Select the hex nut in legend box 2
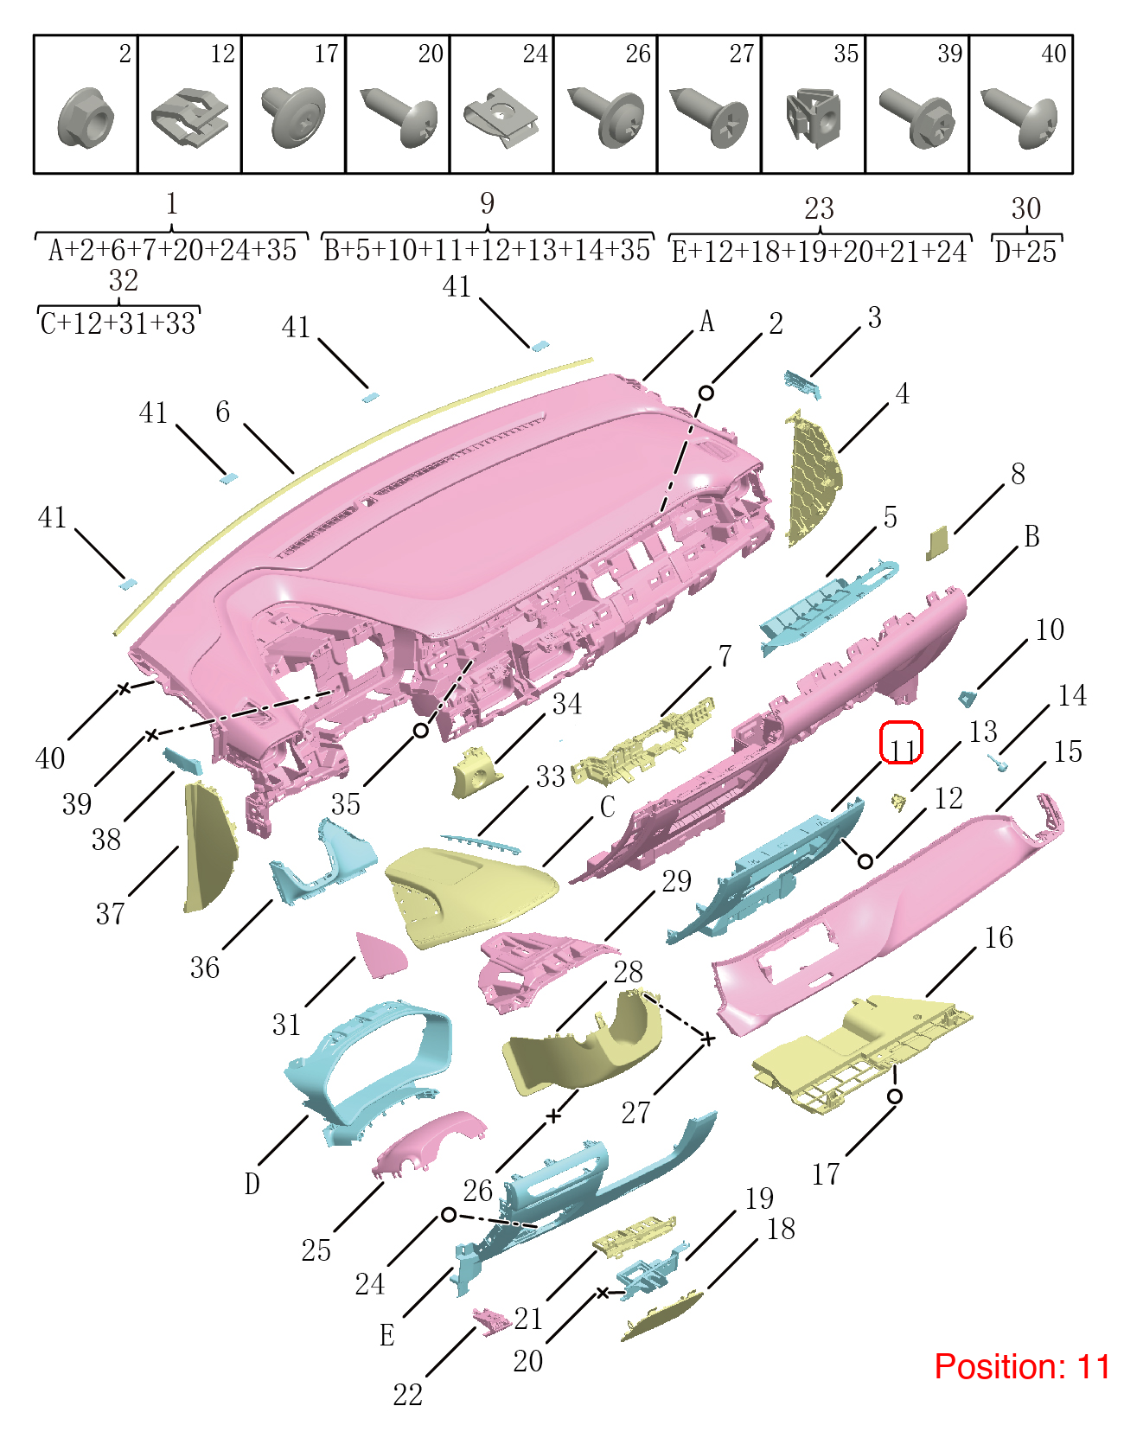(86, 119)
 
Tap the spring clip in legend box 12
(190, 118)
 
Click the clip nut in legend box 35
(813, 118)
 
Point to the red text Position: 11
(1022, 1366)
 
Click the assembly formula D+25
(1025, 252)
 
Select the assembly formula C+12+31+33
(118, 323)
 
